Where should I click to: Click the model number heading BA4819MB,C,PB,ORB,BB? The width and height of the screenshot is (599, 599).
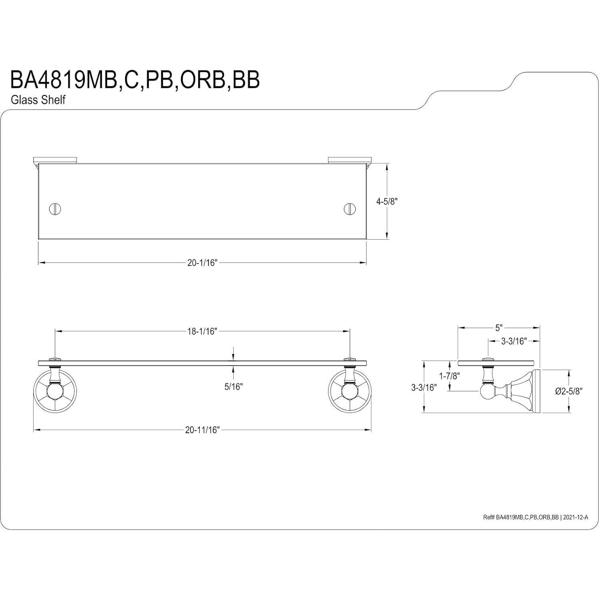click(x=135, y=80)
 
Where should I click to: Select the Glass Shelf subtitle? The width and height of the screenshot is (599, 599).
click(x=38, y=100)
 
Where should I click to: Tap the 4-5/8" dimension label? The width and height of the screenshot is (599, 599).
click(x=386, y=202)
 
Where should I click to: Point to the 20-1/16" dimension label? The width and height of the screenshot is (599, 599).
click(x=202, y=263)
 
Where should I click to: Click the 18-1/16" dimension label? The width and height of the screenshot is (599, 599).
click(x=202, y=331)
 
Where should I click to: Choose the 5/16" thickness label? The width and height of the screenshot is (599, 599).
click(x=234, y=387)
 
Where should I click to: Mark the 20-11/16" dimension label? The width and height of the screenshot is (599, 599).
click(x=202, y=430)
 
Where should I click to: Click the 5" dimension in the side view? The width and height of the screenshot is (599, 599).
click(x=498, y=328)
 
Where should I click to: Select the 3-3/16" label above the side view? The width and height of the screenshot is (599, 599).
click(x=513, y=341)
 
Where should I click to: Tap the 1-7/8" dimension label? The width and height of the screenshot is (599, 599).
click(x=450, y=376)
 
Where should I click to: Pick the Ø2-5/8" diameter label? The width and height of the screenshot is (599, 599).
click(x=568, y=391)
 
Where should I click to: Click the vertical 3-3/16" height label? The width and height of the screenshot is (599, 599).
click(x=424, y=387)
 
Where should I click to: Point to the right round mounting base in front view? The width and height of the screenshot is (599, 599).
click(x=350, y=391)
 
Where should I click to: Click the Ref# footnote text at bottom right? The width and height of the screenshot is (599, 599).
click(x=535, y=517)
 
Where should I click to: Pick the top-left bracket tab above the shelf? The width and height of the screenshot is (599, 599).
click(x=55, y=160)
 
